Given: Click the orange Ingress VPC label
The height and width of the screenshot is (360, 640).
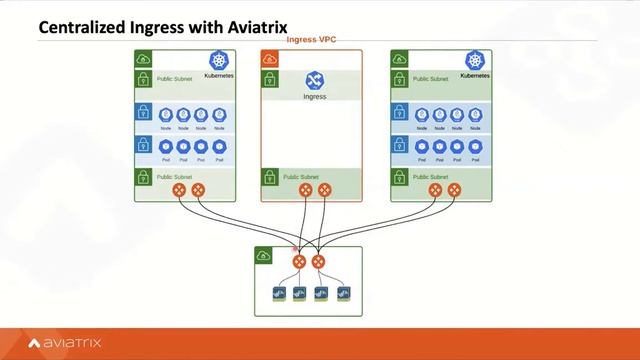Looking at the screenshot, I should click(311, 40).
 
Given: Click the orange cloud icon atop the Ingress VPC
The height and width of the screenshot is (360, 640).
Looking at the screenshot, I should click(269, 59).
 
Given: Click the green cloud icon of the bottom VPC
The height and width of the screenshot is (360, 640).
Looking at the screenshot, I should click(263, 256).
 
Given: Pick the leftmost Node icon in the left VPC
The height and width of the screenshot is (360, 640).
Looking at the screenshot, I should click(166, 115).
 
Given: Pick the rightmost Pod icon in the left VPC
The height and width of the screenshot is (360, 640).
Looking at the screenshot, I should click(218, 146).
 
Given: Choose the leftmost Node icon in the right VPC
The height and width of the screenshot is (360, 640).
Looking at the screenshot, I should click(422, 115).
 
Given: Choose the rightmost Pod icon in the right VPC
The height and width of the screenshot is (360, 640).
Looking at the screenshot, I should click(474, 146).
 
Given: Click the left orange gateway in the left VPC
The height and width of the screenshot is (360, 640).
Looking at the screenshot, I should click(179, 190).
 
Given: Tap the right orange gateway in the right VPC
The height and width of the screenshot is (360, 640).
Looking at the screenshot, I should click(455, 190).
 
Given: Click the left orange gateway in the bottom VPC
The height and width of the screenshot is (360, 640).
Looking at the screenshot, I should click(298, 262).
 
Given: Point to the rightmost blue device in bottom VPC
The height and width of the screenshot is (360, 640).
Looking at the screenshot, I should click(344, 294).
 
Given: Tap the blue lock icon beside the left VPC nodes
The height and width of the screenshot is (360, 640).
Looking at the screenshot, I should click(143, 113).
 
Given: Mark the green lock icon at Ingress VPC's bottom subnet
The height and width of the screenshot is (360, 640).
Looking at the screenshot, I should click(269, 178).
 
